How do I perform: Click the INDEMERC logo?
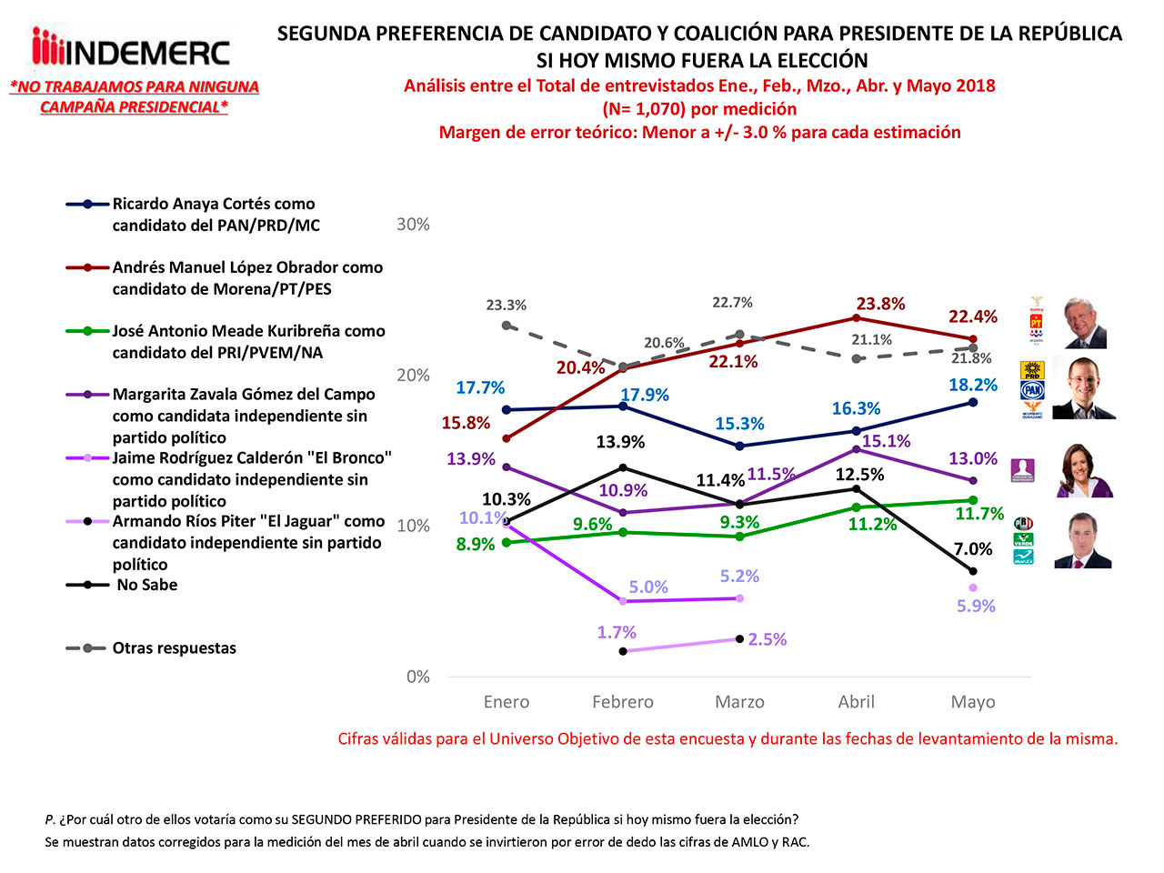(131, 49)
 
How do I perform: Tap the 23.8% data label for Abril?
(880, 304)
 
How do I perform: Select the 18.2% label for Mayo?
(973, 385)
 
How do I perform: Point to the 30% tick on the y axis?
(413, 225)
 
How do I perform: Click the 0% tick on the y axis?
(418, 677)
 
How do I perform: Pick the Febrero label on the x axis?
(623, 702)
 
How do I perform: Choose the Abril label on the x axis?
(857, 702)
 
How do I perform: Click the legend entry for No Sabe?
(146, 585)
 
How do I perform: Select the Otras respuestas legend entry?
(174, 648)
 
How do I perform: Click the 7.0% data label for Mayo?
(973, 549)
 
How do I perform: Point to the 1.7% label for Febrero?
(617, 632)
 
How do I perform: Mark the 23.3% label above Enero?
(506, 306)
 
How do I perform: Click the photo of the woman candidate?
(1084, 470)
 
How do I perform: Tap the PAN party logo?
(1032, 390)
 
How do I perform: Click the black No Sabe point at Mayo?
(973, 571)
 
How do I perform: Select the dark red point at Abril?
(857, 317)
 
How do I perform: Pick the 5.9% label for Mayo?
(976, 606)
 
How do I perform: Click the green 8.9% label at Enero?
(476, 545)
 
